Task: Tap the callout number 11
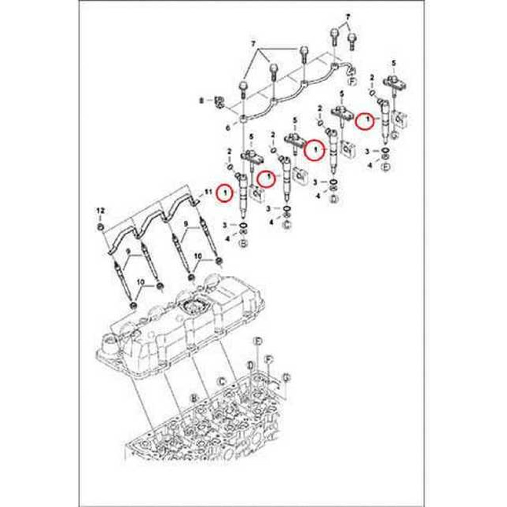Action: click(207, 192)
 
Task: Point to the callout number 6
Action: click(228, 128)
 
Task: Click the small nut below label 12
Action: click(100, 226)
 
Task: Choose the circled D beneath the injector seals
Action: click(334, 198)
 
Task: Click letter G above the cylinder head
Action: click(286, 377)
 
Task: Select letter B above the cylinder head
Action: click(193, 400)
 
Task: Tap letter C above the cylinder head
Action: click(221, 381)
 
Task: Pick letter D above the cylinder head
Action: click(250, 365)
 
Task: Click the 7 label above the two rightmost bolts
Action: click(348, 17)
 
